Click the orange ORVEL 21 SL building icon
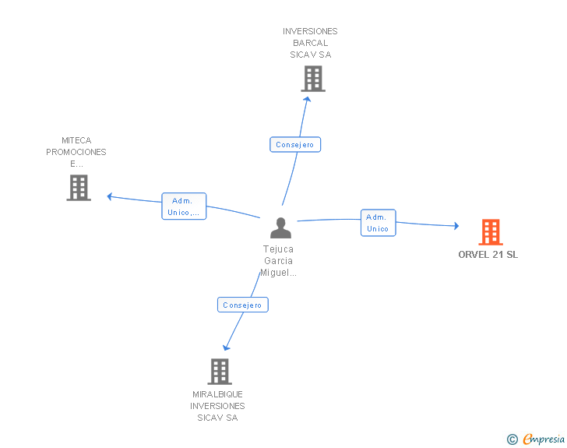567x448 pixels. click(x=491, y=232)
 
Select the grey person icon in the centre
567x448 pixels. click(x=280, y=228)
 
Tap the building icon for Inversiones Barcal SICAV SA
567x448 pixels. click(x=312, y=79)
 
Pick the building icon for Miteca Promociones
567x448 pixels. click(x=79, y=188)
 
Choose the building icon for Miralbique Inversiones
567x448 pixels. click(x=220, y=372)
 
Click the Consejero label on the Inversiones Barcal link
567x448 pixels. click(x=295, y=145)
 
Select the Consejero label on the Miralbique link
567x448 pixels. click(x=242, y=305)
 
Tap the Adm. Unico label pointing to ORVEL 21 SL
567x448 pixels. click(x=378, y=223)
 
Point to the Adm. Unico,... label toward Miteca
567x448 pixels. click(x=184, y=206)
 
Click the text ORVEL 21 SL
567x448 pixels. click(x=488, y=255)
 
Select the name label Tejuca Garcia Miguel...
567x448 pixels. click(x=279, y=261)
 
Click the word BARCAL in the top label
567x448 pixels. click(x=311, y=43)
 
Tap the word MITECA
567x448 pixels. click(x=76, y=141)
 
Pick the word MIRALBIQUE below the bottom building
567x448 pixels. click(x=218, y=394)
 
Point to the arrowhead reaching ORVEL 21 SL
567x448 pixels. click(x=456, y=226)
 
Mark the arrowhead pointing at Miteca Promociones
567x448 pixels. click(x=110, y=196)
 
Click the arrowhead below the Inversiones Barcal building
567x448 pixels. click(x=308, y=98)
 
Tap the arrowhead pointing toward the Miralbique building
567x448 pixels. click(x=227, y=347)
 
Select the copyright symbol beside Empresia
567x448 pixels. click(x=512, y=439)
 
